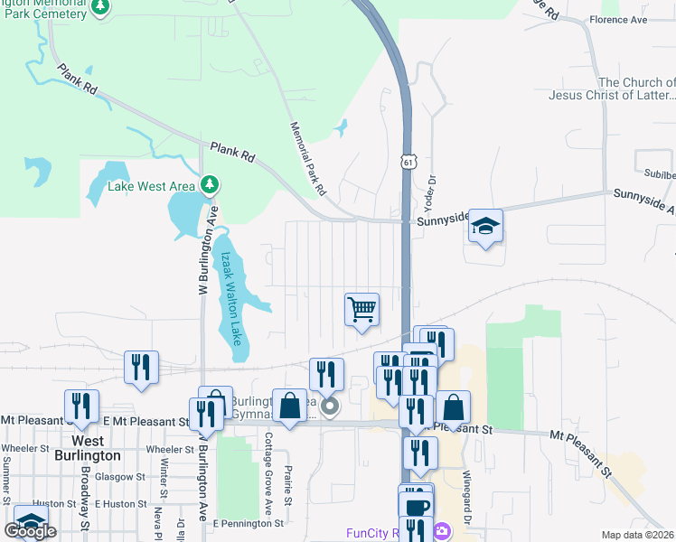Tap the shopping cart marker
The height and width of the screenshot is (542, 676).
(x=361, y=310)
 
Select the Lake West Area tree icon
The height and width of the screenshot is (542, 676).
(x=210, y=186)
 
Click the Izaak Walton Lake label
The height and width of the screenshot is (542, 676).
(x=230, y=298)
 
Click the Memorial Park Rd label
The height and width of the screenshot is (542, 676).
(x=307, y=159)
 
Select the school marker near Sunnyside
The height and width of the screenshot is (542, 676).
(x=485, y=227)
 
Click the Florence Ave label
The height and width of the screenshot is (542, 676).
(x=619, y=19)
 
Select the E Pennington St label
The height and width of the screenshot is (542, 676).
(x=249, y=523)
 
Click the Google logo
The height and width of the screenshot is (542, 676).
(x=30, y=531)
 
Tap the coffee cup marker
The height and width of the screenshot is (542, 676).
(x=416, y=507)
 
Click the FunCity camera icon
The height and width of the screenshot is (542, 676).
(x=442, y=531)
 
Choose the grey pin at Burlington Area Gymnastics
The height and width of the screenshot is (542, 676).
(x=331, y=407)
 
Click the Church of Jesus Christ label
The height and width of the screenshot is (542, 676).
(x=611, y=89)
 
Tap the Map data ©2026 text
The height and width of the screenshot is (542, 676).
(x=637, y=535)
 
